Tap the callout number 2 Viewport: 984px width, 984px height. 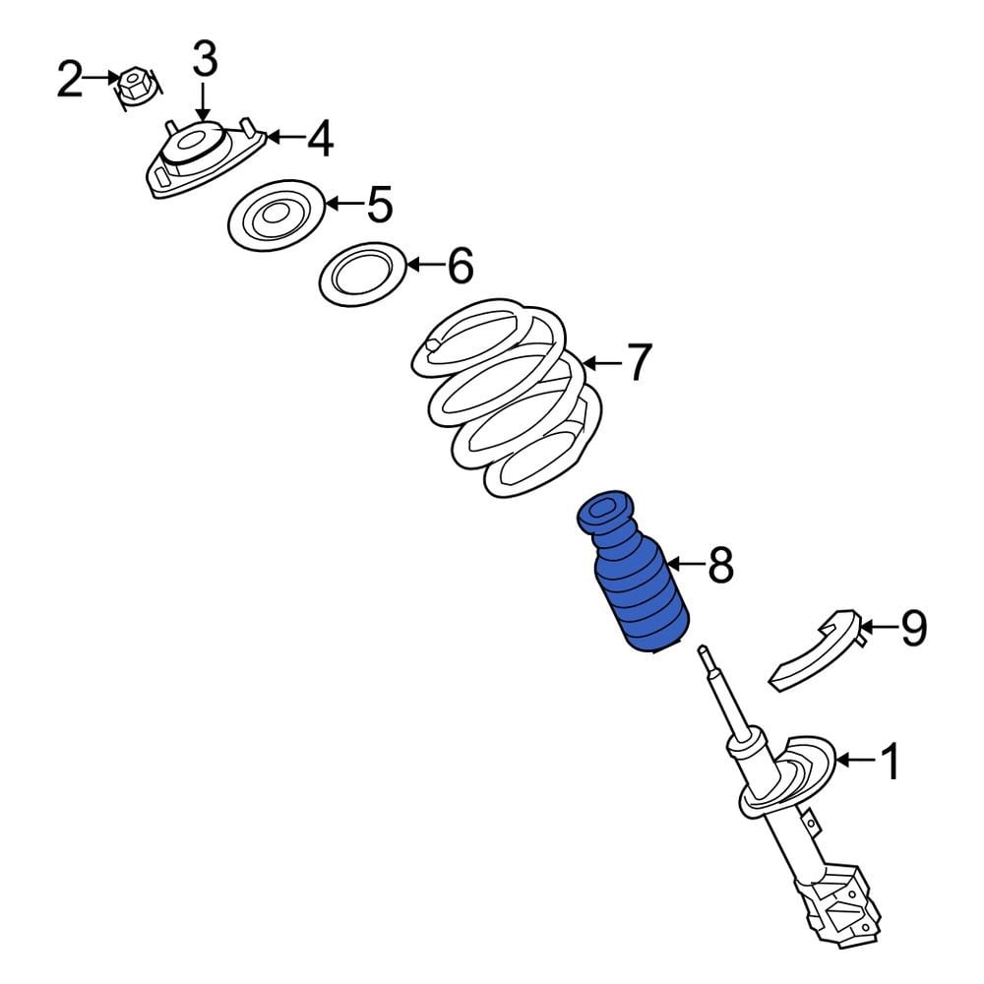coord(69,80)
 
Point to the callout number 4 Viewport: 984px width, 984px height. coord(319,139)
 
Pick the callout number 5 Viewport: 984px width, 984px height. coord(379,205)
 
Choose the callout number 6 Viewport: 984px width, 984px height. coord(460,266)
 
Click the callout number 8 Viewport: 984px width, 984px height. coord(720,565)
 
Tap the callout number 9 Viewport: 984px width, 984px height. coord(913,628)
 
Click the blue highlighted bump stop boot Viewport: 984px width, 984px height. coord(635,581)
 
